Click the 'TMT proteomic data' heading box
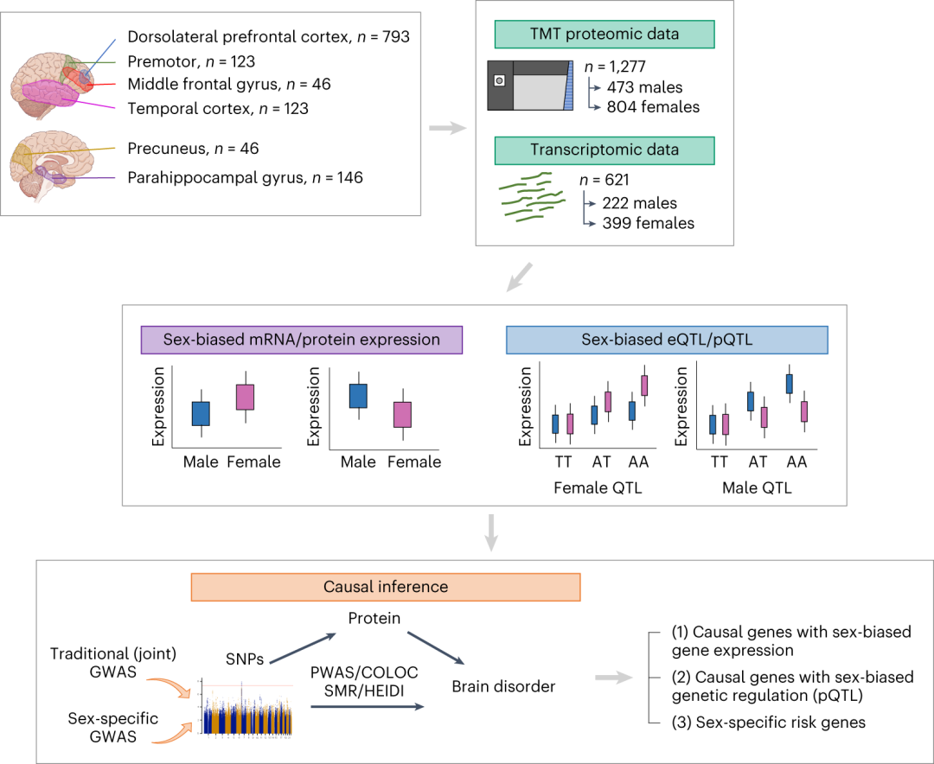pos(604,35)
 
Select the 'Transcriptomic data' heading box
pos(604,150)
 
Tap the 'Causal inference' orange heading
pos(385,587)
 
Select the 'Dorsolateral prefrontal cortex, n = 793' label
pos(267,37)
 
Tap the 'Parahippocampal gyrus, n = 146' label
pos(244,177)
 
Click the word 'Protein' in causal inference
pos(376,618)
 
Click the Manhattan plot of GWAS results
pos(246,707)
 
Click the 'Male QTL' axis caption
pos(756,488)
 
